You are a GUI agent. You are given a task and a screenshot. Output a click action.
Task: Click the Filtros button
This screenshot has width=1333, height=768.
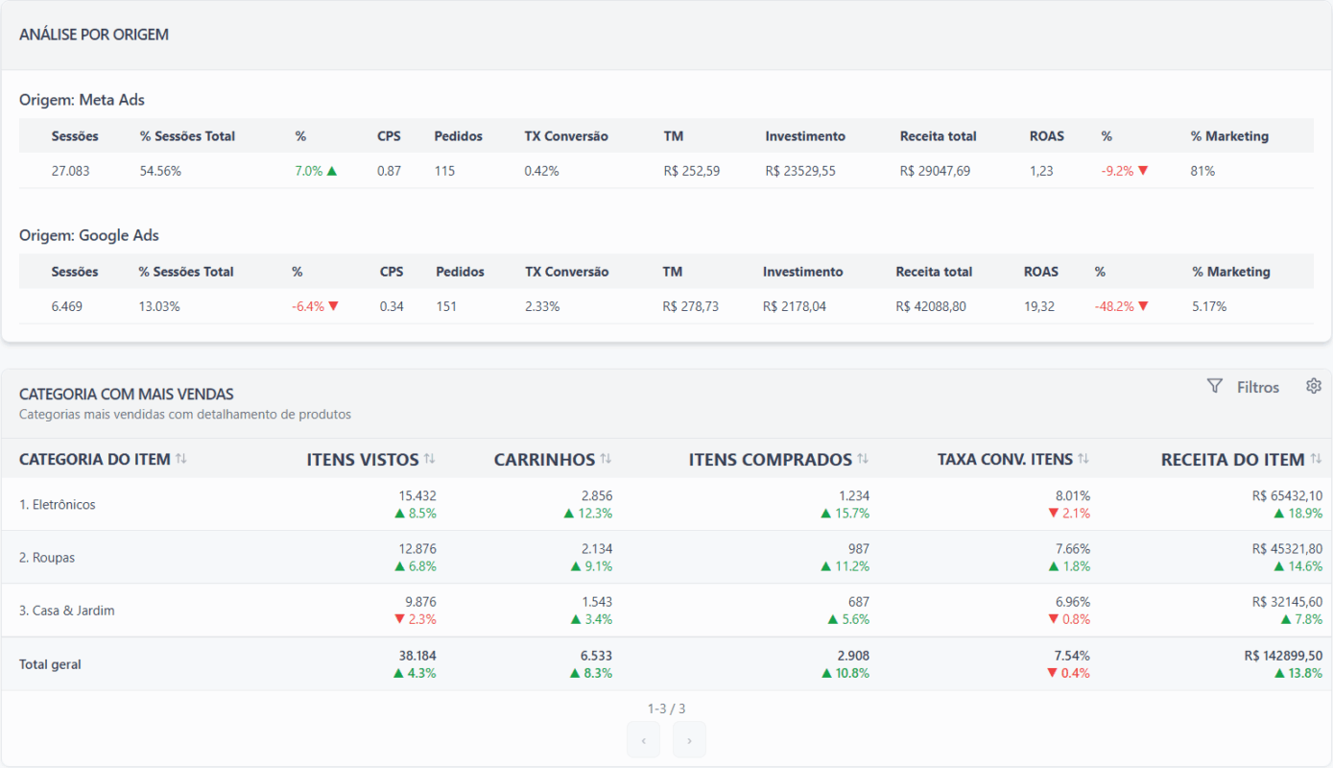coord(1243,387)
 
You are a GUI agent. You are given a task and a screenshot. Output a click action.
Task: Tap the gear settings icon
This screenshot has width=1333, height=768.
coord(1314,386)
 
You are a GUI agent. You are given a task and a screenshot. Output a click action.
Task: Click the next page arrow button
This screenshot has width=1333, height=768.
coord(689,740)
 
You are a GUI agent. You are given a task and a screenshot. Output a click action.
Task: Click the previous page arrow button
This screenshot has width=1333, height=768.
coord(643,740)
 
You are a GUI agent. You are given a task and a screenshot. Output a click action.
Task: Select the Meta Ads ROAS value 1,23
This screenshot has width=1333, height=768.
coord(1041,171)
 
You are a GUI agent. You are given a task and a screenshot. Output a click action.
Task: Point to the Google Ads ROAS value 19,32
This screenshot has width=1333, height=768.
coord(1039,306)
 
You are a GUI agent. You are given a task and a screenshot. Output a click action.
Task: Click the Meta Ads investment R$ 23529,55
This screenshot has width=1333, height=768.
coord(800,171)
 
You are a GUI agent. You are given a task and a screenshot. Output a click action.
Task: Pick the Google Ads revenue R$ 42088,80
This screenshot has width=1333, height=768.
coord(931,306)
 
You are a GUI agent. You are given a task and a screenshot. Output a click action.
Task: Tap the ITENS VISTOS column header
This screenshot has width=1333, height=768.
coord(363,460)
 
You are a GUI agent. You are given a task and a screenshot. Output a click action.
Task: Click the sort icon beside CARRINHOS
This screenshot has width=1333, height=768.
coord(606,459)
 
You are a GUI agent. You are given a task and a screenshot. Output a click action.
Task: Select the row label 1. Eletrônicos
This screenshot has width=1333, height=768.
coord(58,504)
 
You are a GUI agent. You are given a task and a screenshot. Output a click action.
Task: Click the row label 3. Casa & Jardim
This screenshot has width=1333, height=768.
coord(66,611)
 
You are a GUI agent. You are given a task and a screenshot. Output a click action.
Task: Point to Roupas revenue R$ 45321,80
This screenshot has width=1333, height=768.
coord(1287,548)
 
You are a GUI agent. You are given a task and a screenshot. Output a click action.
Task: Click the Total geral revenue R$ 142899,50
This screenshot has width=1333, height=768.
coord(1284,656)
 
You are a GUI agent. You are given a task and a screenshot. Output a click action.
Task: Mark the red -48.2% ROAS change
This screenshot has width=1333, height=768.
coord(1121,306)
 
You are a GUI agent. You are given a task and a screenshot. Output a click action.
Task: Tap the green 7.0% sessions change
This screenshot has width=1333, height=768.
coord(316,171)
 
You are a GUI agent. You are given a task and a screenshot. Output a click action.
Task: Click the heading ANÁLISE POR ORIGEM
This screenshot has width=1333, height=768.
coord(94,35)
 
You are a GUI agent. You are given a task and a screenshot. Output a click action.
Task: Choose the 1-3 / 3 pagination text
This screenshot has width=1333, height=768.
coord(666,708)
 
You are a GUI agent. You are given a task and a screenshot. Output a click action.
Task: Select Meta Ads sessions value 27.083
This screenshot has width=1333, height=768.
coord(70,171)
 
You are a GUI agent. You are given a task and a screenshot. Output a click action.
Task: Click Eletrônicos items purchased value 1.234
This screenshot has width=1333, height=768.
coord(854,495)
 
